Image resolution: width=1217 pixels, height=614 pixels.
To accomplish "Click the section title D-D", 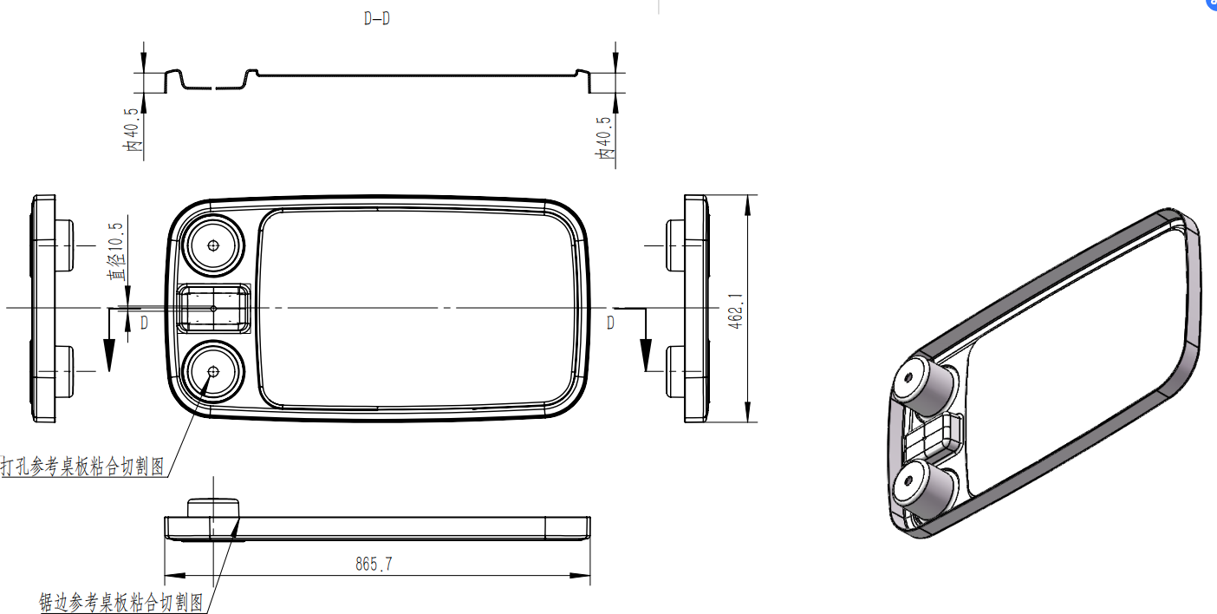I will tap(377, 19).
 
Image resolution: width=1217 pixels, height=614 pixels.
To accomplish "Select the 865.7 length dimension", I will tap(374, 565).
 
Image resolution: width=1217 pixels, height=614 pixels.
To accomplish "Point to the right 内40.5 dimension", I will tap(603, 137).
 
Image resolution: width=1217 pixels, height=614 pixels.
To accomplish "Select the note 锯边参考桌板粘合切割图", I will tap(121, 602).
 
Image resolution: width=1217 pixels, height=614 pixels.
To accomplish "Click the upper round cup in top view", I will tap(213, 245).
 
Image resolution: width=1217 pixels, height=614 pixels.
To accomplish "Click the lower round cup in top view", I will tap(213, 371).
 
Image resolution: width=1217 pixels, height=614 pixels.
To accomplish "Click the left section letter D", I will tap(144, 323).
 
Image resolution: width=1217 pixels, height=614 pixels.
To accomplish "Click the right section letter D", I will tap(611, 323).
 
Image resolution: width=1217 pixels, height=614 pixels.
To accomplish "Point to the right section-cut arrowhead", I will tap(646, 356).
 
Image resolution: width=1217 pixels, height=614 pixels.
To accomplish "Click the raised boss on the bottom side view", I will tap(212, 506).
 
